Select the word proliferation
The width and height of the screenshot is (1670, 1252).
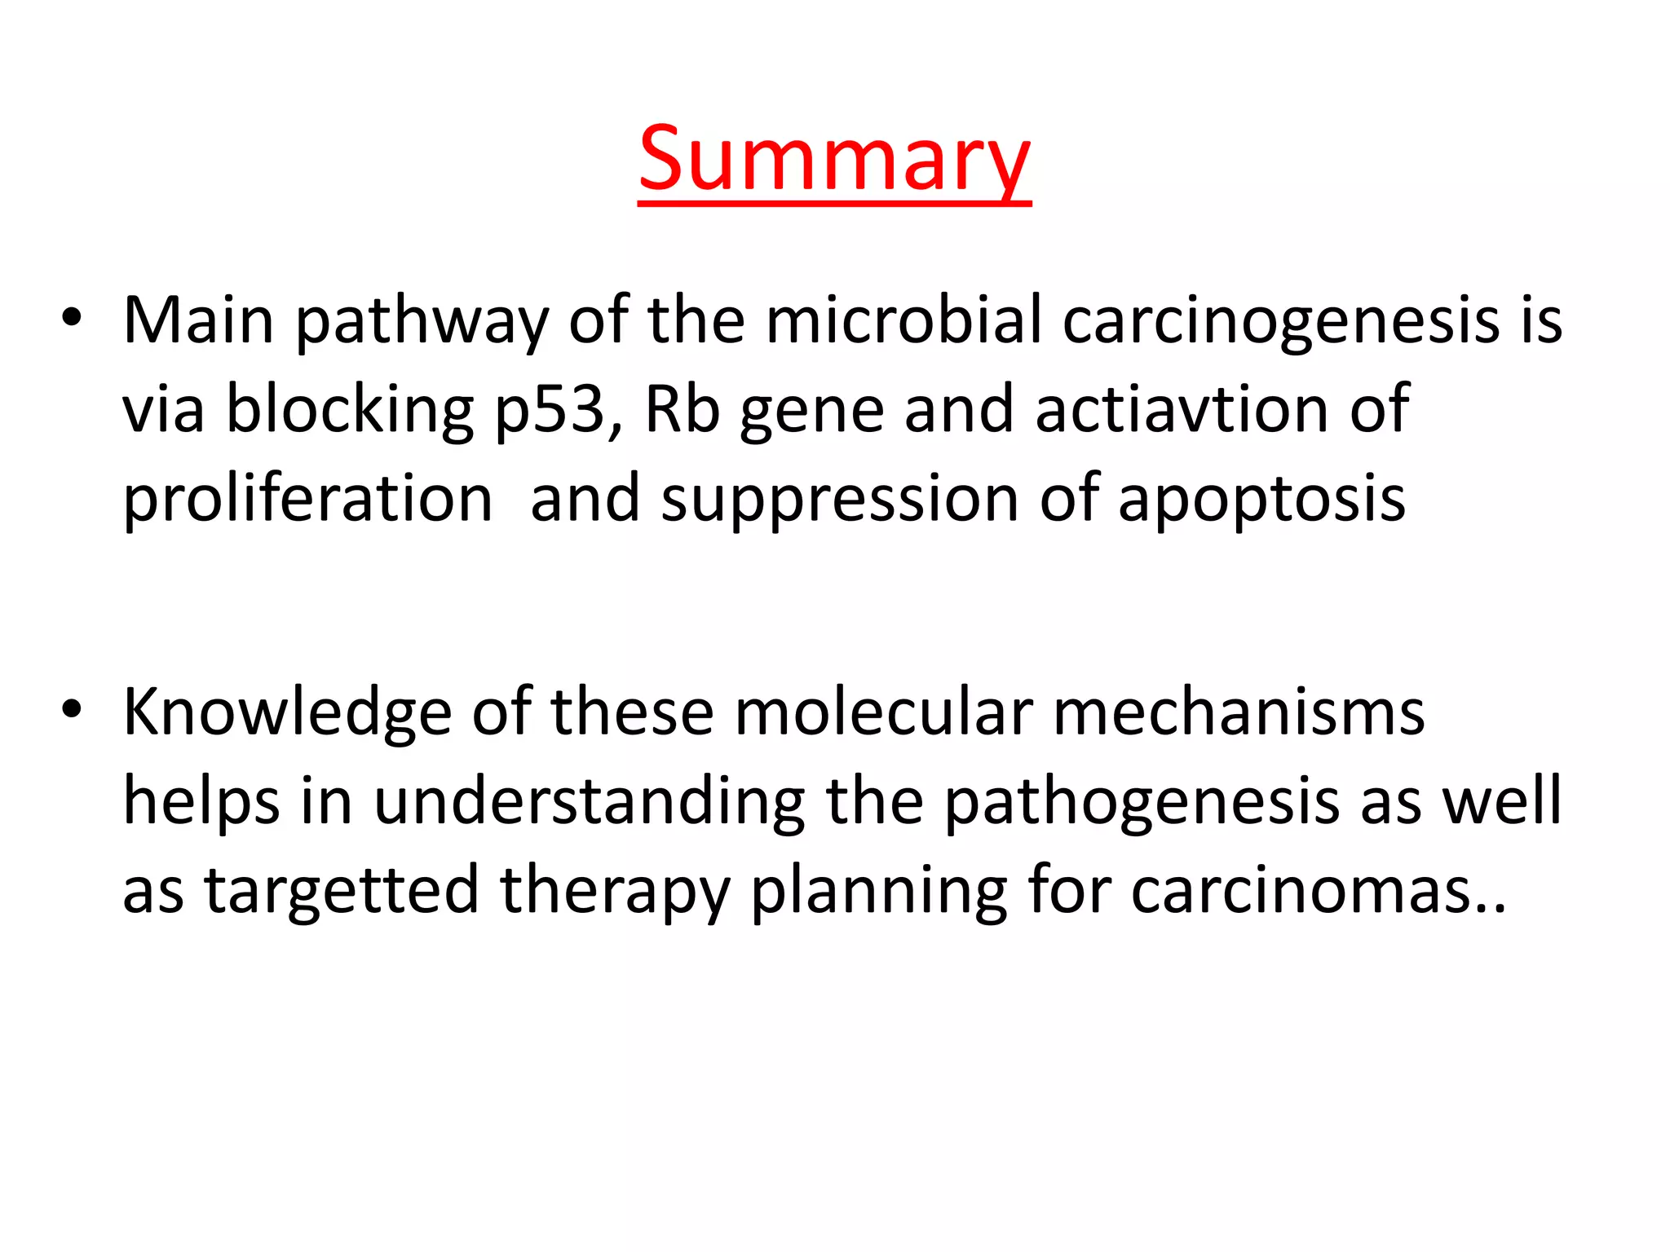click(307, 499)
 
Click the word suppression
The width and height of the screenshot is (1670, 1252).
click(840, 500)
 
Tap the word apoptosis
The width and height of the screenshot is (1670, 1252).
click(1261, 500)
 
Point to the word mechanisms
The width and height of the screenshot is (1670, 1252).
click(1239, 712)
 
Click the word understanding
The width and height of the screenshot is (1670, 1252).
click(590, 802)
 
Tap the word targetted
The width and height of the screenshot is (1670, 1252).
click(341, 891)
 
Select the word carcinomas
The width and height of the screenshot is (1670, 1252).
click(1312, 891)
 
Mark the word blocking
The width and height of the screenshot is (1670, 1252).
click(350, 410)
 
